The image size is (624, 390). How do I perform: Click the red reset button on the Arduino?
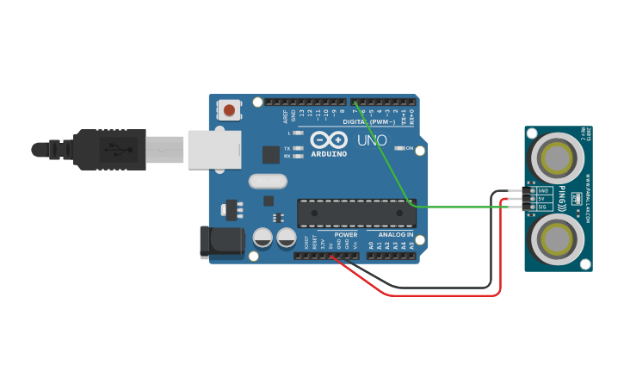pyautogui.click(x=230, y=109)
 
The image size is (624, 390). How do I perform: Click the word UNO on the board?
pyautogui.click(x=372, y=140)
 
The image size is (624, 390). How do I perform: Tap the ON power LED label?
pyautogui.click(x=410, y=148)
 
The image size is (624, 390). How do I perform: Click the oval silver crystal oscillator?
pyautogui.click(x=267, y=181)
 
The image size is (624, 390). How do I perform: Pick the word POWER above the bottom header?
pyautogui.click(x=346, y=234)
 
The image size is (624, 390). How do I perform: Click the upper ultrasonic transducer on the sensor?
pyautogui.click(x=557, y=158)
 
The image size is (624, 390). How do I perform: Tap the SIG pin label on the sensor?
pyautogui.click(x=542, y=207)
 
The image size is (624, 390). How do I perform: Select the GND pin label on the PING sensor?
pyautogui.click(x=542, y=190)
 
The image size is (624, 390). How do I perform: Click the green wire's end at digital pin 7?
pyautogui.click(x=354, y=102)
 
